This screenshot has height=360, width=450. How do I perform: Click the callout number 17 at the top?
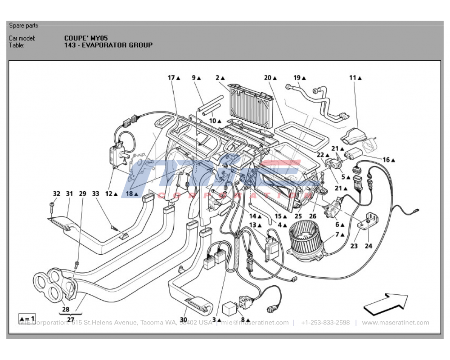coord(171,78)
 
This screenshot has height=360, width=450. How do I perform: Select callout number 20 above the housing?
coord(268,78)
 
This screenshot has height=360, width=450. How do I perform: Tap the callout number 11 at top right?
coord(353,78)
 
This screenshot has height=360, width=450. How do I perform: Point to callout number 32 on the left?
coord(56,193)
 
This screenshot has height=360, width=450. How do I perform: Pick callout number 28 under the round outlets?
coord(65,309)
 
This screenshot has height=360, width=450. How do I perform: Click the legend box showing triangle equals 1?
coord(27,318)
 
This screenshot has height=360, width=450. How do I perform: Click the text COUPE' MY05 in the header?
coord(86,38)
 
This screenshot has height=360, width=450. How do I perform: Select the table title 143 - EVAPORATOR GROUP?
coord(108,45)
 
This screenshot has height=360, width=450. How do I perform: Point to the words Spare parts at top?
coord(23,26)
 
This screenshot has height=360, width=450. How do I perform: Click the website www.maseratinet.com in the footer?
coord(395,323)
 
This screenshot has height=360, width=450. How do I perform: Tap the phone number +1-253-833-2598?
coord(325,323)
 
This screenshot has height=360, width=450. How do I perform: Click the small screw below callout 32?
coord(52,207)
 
